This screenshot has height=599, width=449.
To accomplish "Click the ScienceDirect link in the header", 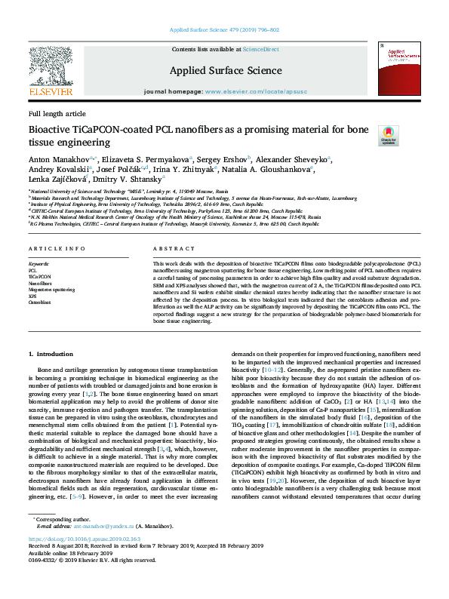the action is (x=260, y=49).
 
